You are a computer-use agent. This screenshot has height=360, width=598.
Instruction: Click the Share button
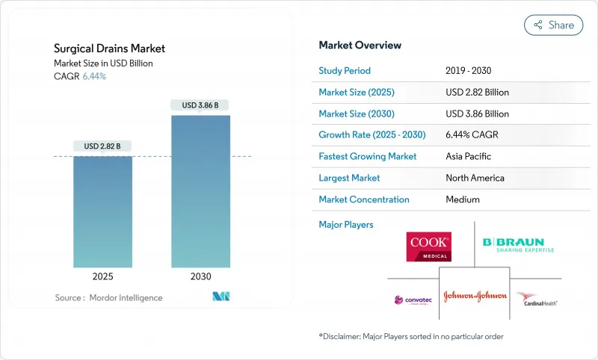(x=554, y=25)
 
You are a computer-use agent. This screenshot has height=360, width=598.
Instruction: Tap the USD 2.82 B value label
(x=102, y=146)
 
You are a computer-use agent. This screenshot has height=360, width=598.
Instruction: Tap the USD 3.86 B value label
(x=200, y=105)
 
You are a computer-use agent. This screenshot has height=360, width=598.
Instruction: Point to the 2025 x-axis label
(x=102, y=276)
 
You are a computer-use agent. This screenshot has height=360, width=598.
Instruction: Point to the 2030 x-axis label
(x=200, y=276)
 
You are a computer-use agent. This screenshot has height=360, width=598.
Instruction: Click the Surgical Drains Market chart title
(x=109, y=49)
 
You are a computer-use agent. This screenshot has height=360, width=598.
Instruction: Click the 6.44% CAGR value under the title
(x=93, y=76)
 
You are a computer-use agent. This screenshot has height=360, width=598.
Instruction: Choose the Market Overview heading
(x=360, y=46)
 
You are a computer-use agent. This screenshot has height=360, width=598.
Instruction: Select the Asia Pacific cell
(x=468, y=157)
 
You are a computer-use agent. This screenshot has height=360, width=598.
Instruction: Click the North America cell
(x=474, y=178)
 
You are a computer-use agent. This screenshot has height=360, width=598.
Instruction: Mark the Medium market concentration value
(x=463, y=199)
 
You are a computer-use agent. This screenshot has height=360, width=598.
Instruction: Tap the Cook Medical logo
(x=428, y=246)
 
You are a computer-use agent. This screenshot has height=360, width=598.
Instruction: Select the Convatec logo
(x=413, y=300)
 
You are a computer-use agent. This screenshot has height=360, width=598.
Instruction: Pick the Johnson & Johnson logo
(x=475, y=296)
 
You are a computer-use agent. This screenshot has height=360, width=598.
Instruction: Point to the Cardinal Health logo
(x=537, y=300)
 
